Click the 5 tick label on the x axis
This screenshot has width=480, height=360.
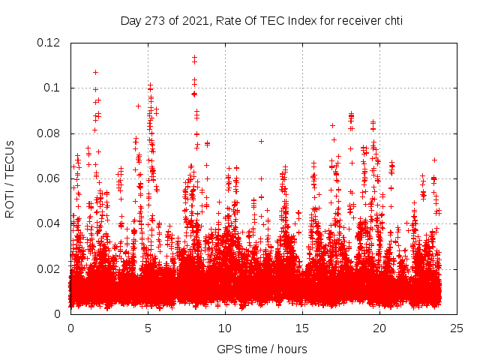pyautogui.click(x=148, y=328)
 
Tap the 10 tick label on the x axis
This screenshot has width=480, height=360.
pyautogui.click(x=225, y=328)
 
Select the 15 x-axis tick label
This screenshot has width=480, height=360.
pyautogui.click(x=302, y=328)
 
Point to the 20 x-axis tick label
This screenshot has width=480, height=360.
pyautogui.click(x=379, y=328)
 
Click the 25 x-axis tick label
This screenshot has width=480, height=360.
pyautogui.click(x=457, y=328)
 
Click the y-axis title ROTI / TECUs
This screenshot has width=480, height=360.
pyautogui.click(x=10, y=178)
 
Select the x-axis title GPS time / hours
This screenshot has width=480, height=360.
pyautogui.click(x=262, y=349)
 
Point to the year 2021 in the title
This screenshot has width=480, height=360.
pyautogui.click(x=194, y=20)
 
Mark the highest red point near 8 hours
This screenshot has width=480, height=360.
pyautogui.click(x=194, y=58)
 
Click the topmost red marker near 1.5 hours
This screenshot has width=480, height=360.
pyautogui.click(x=95, y=72)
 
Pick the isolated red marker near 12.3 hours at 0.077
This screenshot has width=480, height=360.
pyautogui.click(x=261, y=141)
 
